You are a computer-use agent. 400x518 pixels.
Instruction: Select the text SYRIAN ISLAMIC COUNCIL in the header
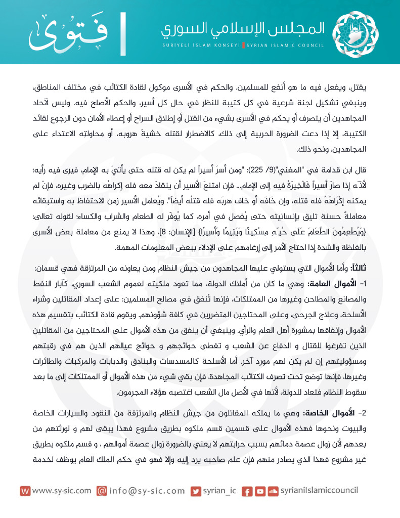(x=285, y=45)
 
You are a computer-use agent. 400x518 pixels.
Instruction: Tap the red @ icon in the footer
(x=102, y=491)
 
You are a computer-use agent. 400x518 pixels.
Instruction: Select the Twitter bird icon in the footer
(x=195, y=491)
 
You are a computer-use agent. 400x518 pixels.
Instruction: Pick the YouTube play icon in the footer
(x=260, y=491)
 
